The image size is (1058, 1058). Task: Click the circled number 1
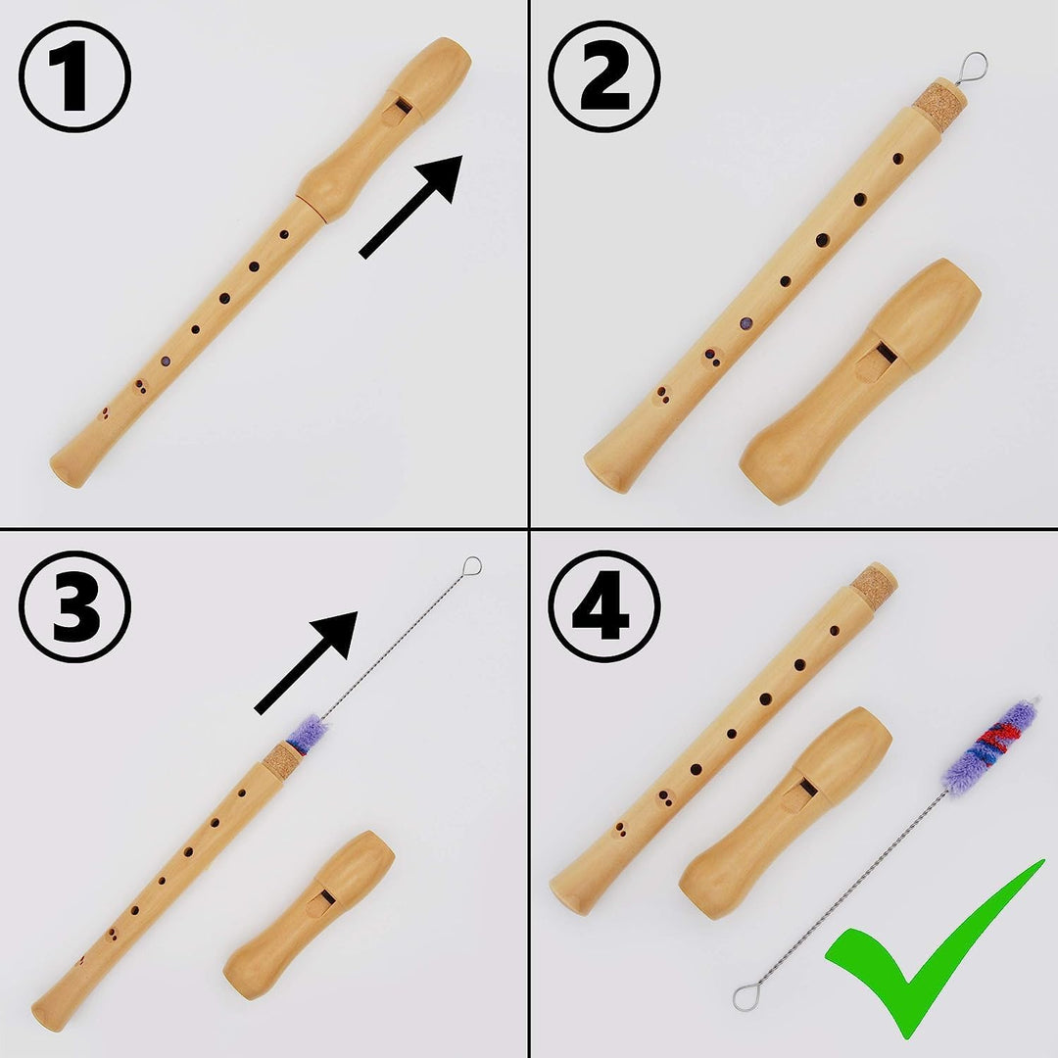coord(75,76)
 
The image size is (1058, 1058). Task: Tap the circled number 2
coord(603,76)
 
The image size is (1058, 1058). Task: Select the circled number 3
coord(75,606)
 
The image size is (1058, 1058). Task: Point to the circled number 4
coord(603,606)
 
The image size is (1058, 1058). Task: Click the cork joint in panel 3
coord(282,759)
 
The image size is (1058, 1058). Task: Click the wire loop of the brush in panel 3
coord(472,565)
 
